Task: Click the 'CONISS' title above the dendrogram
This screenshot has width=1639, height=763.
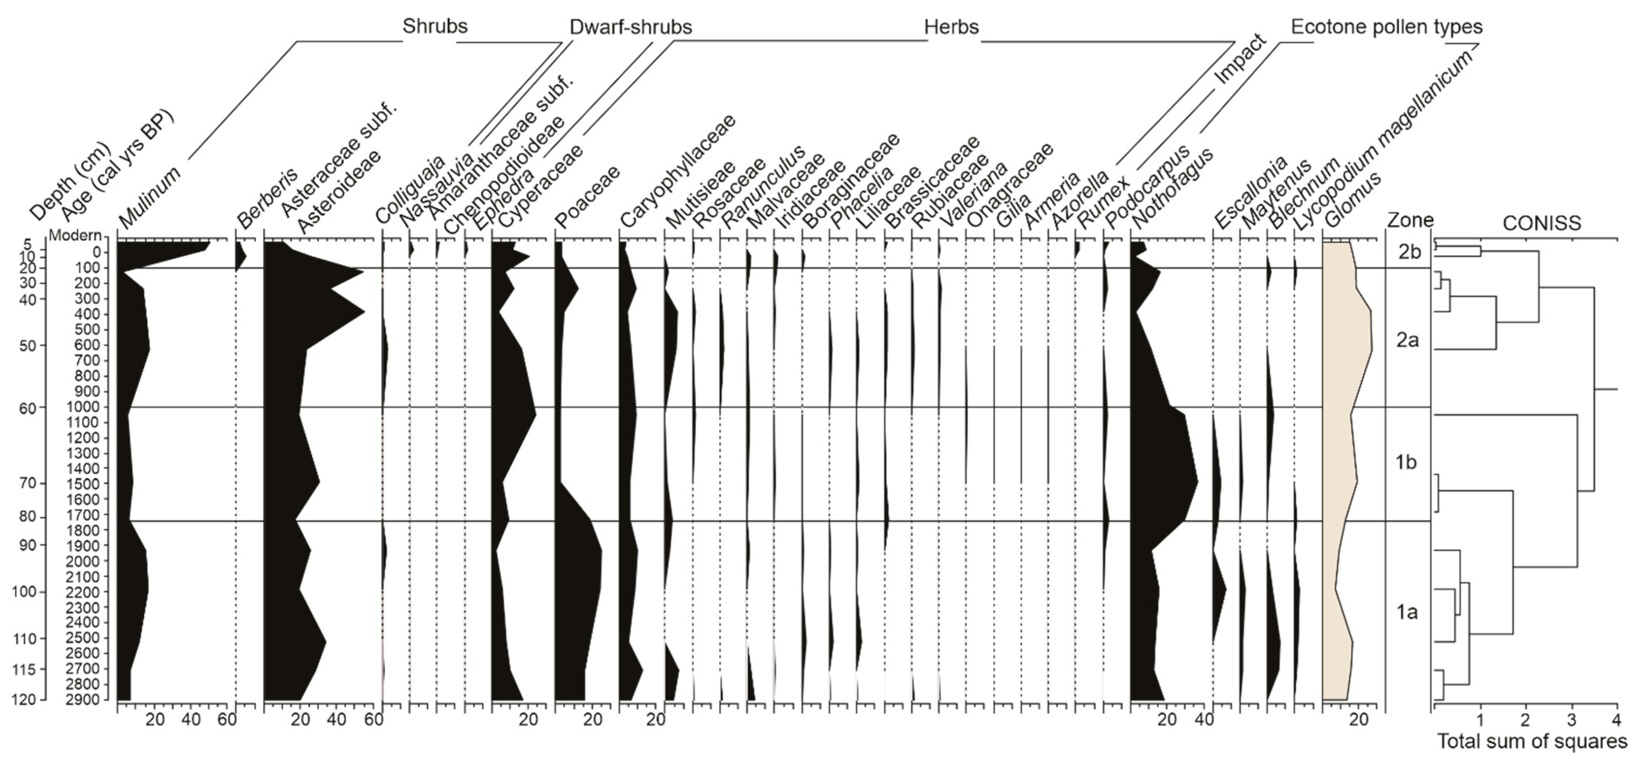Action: click(1541, 223)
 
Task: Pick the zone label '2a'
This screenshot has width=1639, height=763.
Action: click(1408, 340)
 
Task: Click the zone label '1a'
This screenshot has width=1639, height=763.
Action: click(1407, 612)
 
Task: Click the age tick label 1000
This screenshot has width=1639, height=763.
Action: click(84, 407)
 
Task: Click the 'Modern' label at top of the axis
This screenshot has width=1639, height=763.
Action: click(75, 235)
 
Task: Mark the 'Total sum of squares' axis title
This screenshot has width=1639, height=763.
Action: click(1532, 742)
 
